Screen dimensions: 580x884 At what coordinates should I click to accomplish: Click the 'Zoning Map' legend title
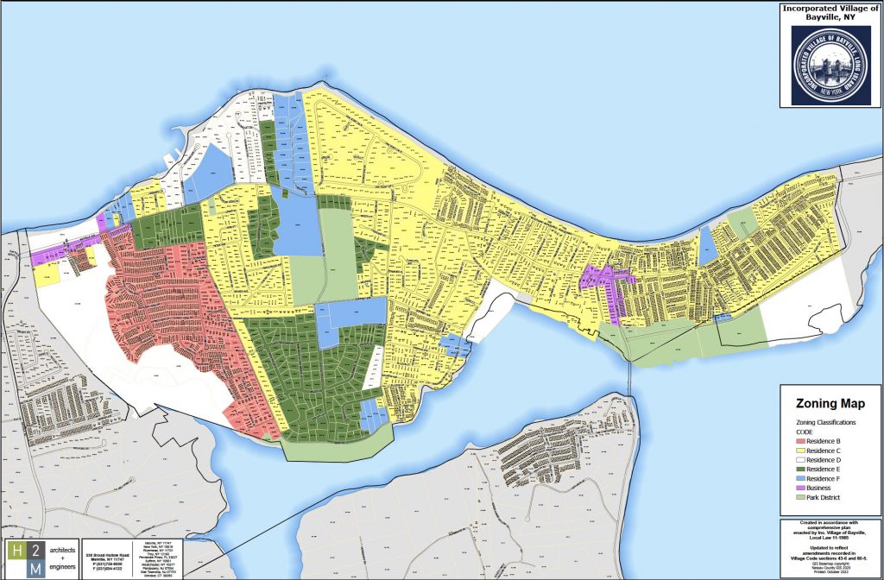point(830,404)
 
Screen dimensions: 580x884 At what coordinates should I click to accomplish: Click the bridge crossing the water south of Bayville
point(631,372)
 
